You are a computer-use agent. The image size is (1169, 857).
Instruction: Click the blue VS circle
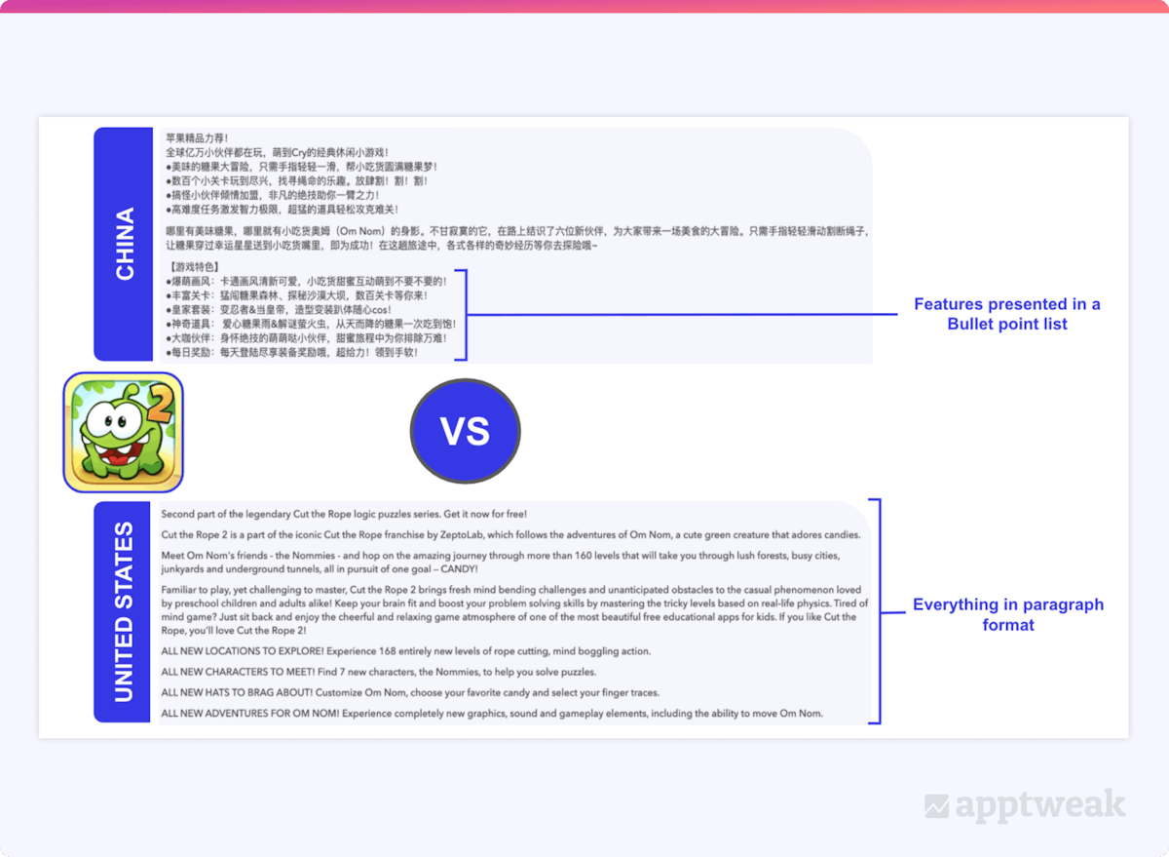(465, 431)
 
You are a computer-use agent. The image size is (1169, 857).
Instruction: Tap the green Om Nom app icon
(124, 432)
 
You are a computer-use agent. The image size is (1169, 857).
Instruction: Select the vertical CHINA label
(126, 244)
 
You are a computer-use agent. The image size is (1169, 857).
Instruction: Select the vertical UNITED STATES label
(125, 611)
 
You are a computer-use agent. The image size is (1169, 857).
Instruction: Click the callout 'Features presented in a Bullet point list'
(1006, 314)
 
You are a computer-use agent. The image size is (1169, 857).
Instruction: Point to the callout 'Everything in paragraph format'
(1007, 614)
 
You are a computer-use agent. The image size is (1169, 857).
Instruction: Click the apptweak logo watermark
(1025, 806)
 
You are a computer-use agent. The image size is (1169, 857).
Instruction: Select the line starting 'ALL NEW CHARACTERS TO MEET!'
(378, 672)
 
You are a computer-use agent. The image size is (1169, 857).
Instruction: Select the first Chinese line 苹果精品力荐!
(197, 137)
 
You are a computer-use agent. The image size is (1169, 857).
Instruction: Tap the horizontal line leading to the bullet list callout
(682, 314)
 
